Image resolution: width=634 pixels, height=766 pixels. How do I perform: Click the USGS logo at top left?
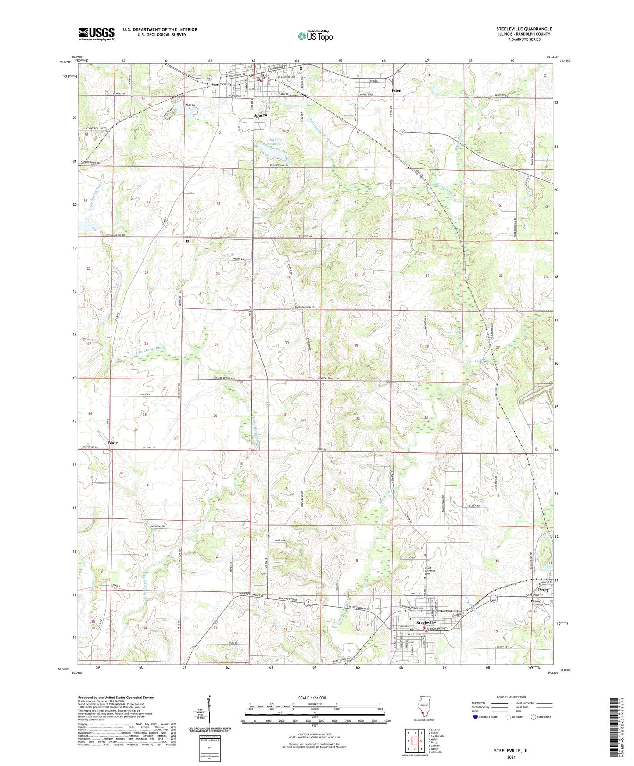point(96,34)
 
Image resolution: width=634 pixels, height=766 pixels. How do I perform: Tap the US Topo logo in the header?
point(315,36)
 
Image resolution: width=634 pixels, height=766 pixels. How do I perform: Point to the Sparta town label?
point(260,115)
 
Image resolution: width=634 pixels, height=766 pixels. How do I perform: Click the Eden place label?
point(396,91)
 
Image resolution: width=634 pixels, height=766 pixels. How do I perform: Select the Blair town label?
point(113,443)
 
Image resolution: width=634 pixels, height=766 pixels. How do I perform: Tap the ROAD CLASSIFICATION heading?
point(512,697)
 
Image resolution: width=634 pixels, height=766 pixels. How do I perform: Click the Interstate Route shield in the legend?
point(476,717)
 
